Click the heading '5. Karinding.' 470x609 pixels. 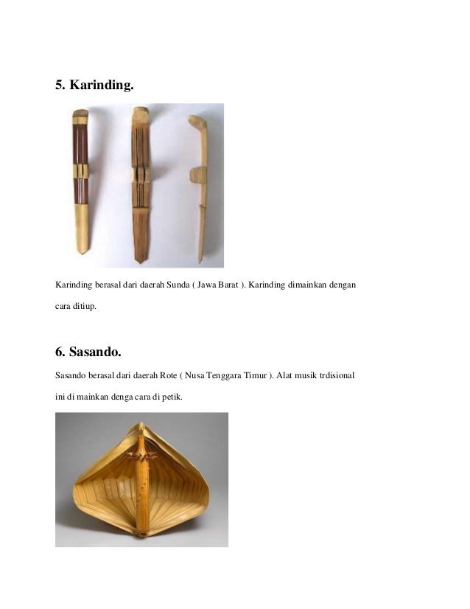(94, 86)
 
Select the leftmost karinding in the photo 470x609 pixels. (80, 181)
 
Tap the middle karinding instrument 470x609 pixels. (140, 184)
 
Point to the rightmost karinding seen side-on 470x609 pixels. (199, 184)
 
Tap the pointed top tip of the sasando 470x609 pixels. (141, 425)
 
